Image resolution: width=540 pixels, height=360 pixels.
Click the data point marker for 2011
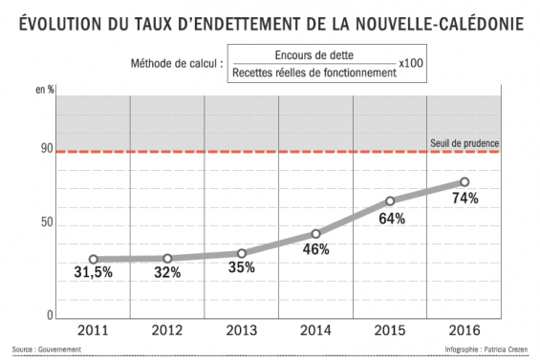click(x=94, y=259)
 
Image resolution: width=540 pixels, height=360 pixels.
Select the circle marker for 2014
click(x=316, y=234)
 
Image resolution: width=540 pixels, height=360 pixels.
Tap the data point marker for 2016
click(x=464, y=181)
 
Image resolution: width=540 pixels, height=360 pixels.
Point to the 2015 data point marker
click(x=390, y=201)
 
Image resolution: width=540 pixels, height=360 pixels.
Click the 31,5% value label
click(x=94, y=273)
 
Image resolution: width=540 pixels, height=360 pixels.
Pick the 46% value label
click(x=316, y=249)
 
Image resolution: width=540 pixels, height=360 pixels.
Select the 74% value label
click(x=464, y=198)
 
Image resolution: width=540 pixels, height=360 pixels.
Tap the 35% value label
click(x=242, y=267)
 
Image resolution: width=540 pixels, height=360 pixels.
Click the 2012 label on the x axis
click(x=167, y=330)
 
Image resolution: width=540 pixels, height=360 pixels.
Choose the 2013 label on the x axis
click(x=242, y=330)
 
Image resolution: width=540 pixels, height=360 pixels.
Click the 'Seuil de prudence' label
click(x=465, y=144)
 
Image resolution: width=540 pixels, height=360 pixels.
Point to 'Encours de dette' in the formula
click(x=312, y=55)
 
